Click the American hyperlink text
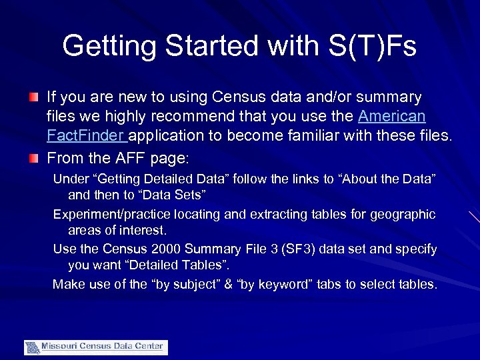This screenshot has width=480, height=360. coord(391,117)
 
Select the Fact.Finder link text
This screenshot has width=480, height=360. coord(86,137)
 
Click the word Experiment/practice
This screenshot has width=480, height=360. coord(111,215)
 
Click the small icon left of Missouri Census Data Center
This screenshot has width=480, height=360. coord(32,347)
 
